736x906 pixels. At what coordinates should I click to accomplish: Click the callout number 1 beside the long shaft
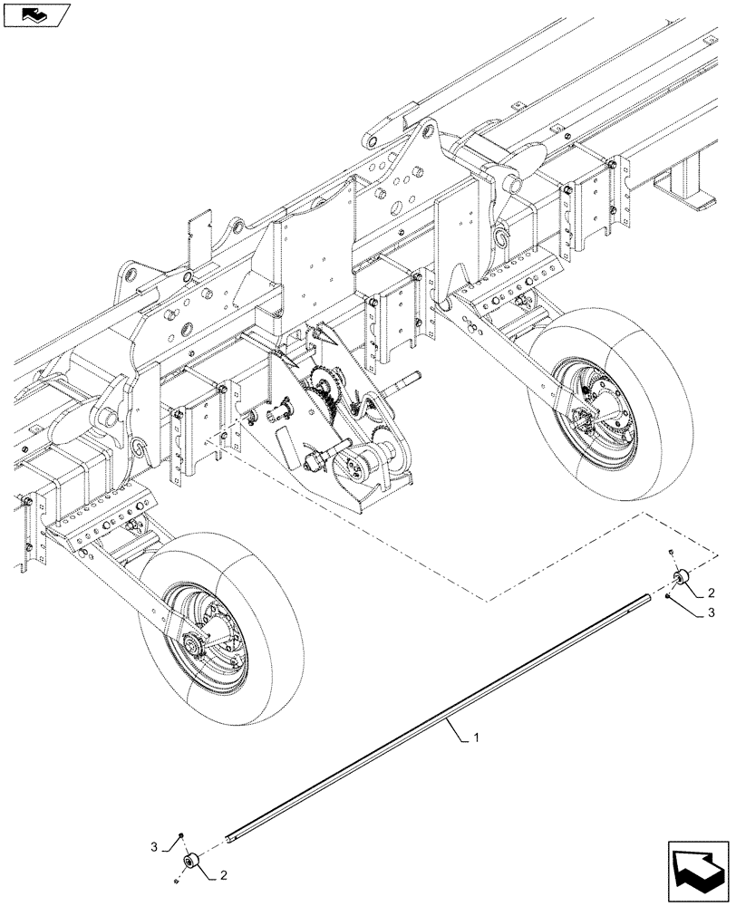[x=476, y=739]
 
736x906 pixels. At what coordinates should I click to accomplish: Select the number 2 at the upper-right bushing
[x=711, y=593]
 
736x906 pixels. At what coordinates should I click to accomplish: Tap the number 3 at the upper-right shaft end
[x=711, y=613]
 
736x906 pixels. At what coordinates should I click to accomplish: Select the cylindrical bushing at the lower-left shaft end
[x=191, y=861]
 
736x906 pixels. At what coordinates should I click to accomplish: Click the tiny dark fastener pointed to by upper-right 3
[x=667, y=598]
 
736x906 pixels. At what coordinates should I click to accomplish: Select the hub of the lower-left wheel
[x=194, y=645]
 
